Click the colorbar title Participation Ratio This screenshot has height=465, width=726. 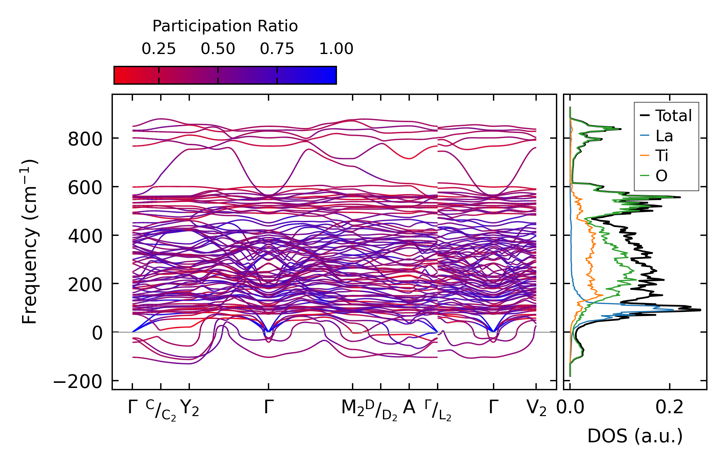point(225,26)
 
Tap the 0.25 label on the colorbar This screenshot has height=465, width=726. point(159,49)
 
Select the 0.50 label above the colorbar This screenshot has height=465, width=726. point(218,49)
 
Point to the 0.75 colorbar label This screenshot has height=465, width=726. point(277,49)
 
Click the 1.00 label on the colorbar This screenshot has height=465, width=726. point(336,49)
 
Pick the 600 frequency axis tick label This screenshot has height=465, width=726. point(85,188)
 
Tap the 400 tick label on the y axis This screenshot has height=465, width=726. point(85,236)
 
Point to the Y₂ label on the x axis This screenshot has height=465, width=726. point(190,408)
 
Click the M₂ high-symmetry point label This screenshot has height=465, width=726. point(353,408)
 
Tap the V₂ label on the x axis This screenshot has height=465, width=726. point(536,408)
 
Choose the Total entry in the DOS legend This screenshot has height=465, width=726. point(673,116)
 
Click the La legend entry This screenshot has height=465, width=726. point(664,136)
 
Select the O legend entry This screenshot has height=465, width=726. point(661,176)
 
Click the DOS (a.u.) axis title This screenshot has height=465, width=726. point(635,436)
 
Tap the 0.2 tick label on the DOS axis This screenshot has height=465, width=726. point(669,408)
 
